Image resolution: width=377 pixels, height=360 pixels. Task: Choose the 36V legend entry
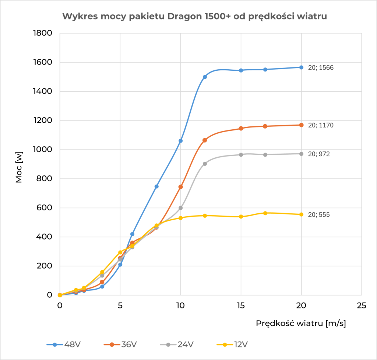[120, 345]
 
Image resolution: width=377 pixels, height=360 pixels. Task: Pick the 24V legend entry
[177, 345]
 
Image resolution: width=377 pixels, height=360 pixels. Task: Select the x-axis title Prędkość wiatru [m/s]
[301, 323]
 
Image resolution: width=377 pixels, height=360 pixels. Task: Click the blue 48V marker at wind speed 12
[205, 77]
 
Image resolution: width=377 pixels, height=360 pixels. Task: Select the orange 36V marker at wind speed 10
[180, 187]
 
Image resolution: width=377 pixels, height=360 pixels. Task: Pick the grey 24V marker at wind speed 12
[205, 164]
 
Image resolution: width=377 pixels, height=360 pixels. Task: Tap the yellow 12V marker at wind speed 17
[265, 213]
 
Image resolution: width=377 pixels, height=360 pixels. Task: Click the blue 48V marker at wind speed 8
[156, 186]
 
